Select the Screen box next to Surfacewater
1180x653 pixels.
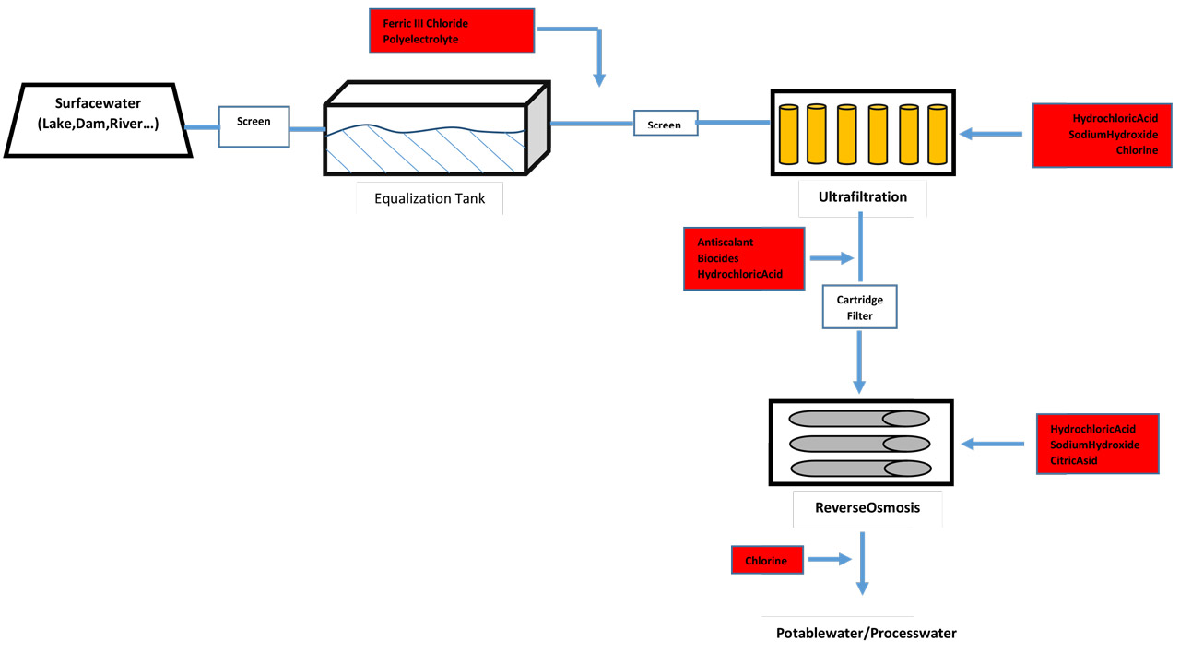[254, 125]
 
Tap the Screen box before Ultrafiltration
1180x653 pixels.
[665, 124]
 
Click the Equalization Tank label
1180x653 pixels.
[429, 198]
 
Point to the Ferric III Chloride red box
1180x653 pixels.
[452, 31]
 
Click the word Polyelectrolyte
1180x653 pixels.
[420, 40]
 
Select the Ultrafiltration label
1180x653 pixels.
[863, 196]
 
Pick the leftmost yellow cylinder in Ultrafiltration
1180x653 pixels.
[788, 135]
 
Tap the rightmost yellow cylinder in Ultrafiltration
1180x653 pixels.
[937, 135]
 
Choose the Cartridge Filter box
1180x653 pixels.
[860, 308]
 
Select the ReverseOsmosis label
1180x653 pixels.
[867, 507]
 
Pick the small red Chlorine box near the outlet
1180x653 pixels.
[768, 559]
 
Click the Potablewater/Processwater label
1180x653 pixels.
[866, 634]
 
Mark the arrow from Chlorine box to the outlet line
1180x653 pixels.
[829, 559]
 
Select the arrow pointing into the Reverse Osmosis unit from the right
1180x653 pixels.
[993, 445]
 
